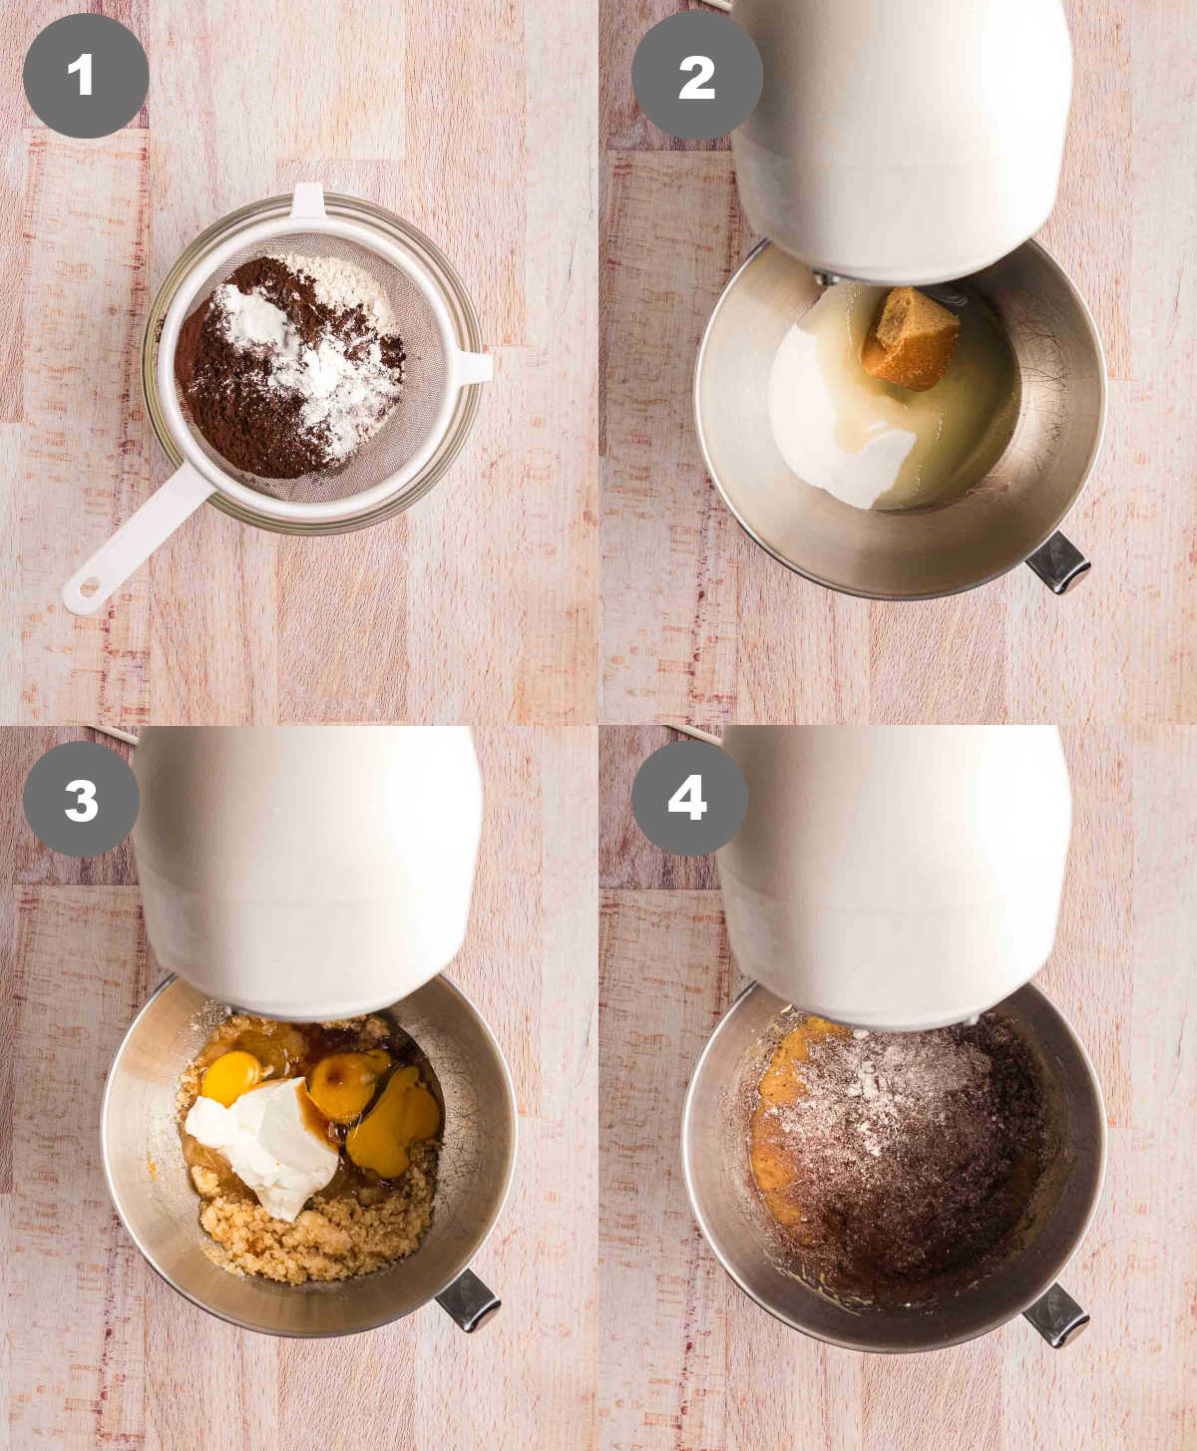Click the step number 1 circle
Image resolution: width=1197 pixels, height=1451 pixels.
pos(86,76)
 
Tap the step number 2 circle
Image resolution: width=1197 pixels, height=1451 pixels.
pos(695,77)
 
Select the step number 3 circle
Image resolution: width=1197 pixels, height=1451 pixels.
pos(81,799)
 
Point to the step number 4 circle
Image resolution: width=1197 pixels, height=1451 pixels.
pos(688,798)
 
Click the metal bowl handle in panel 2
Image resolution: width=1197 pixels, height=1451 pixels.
pos(1057,562)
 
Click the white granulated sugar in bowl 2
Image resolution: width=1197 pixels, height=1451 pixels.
pos(838,439)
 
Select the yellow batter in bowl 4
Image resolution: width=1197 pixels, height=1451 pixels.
pos(773,1147)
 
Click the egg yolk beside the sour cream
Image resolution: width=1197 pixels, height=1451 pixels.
pos(230,1076)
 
